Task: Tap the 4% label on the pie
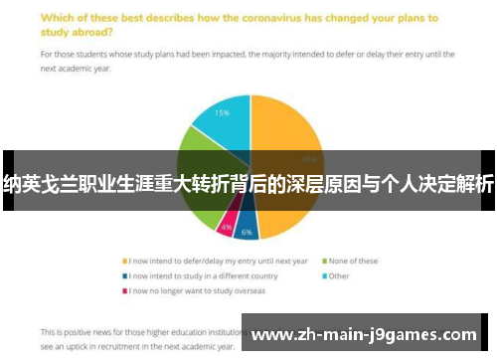tap(228, 228)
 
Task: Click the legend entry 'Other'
tap(338, 276)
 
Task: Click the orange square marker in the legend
tap(123, 262)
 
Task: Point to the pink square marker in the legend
tap(123, 291)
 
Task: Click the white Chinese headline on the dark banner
tap(248, 182)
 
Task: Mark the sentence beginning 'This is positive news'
tap(139, 331)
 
